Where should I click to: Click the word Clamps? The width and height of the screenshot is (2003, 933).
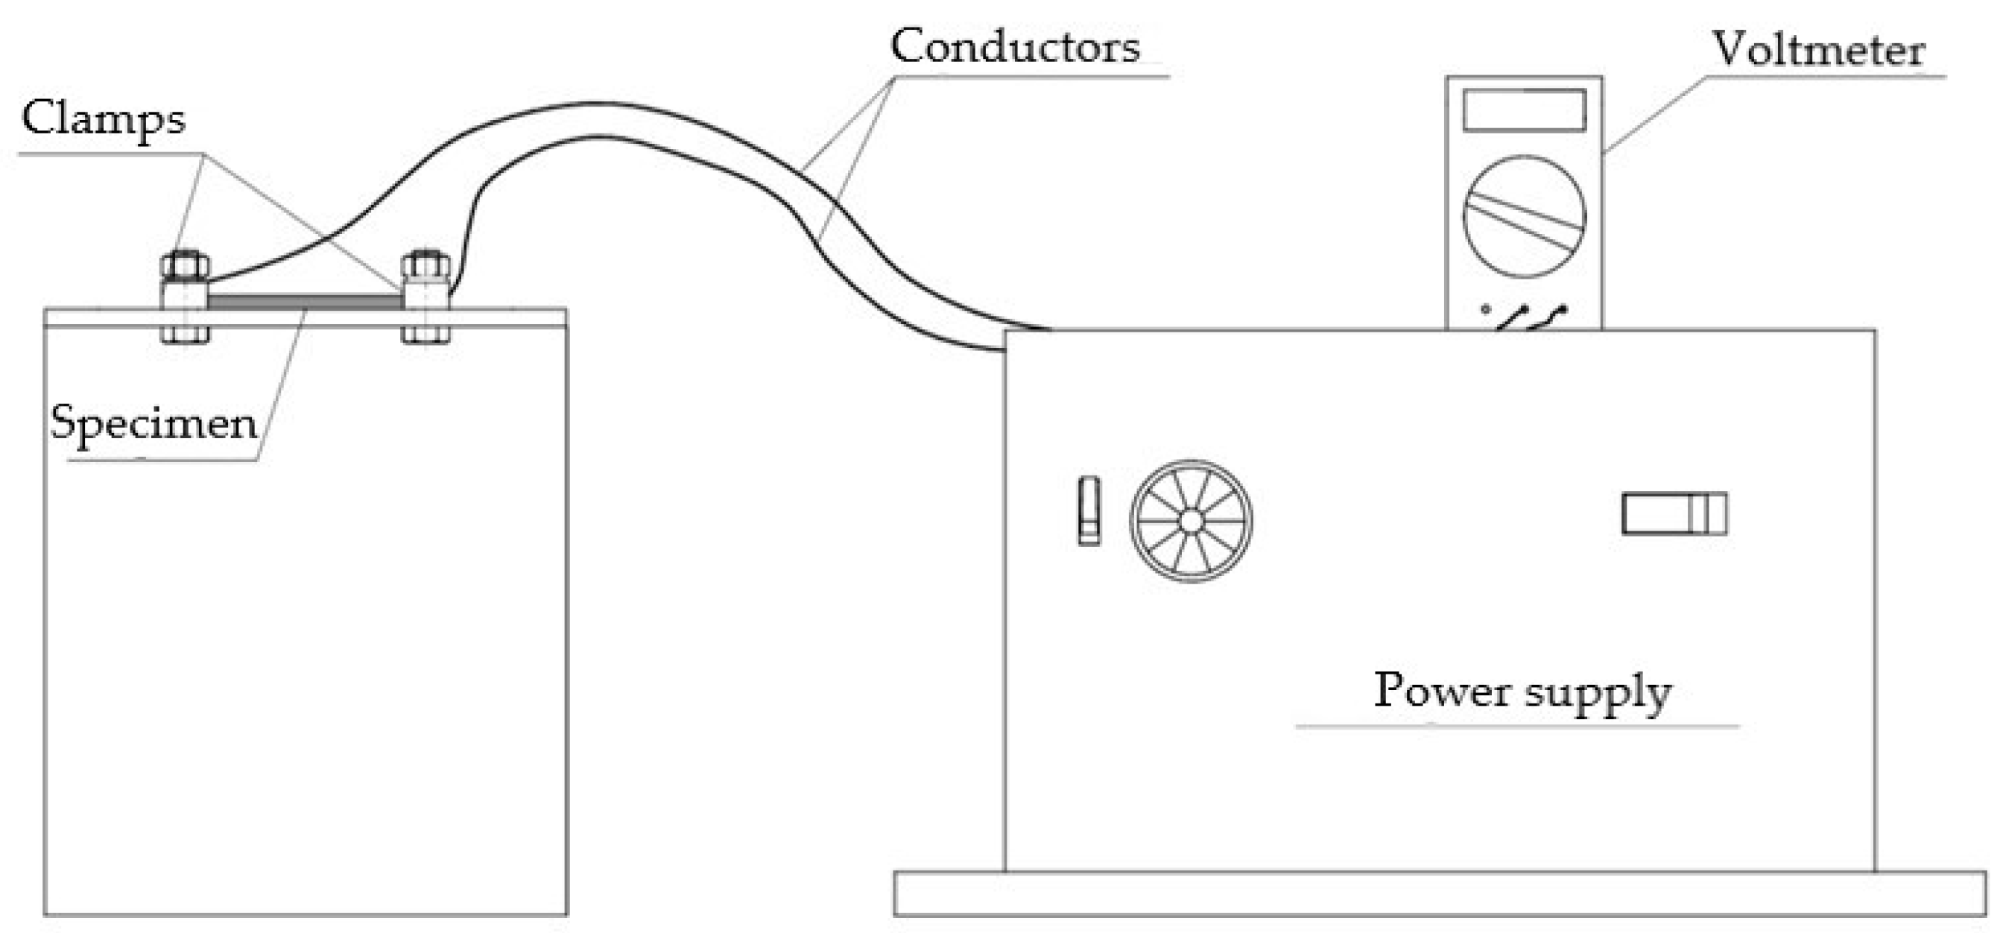(104, 120)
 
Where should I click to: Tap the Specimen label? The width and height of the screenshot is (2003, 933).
(154, 425)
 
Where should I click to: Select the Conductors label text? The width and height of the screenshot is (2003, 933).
(1015, 47)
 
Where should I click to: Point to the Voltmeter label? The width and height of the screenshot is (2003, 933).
(1818, 51)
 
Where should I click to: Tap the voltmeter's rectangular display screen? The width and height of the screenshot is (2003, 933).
(1524, 110)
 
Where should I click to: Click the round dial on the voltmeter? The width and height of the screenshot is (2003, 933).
(1524, 216)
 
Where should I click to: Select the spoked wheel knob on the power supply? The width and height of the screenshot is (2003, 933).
(1192, 520)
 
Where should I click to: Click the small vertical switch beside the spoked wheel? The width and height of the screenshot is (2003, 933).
(1089, 510)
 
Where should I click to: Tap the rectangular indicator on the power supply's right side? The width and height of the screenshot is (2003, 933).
(1674, 514)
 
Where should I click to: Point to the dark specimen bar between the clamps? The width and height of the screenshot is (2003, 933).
(305, 301)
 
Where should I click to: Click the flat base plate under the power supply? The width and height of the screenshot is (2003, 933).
(1438, 894)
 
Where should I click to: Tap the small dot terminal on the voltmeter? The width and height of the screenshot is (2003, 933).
(1485, 309)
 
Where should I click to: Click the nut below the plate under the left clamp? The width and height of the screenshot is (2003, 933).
(185, 335)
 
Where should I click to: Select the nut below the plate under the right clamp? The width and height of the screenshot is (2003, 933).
(425, 335)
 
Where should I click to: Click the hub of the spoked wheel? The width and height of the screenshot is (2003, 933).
(1192, 520)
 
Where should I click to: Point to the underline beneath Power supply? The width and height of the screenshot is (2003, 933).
(1516, 726)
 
